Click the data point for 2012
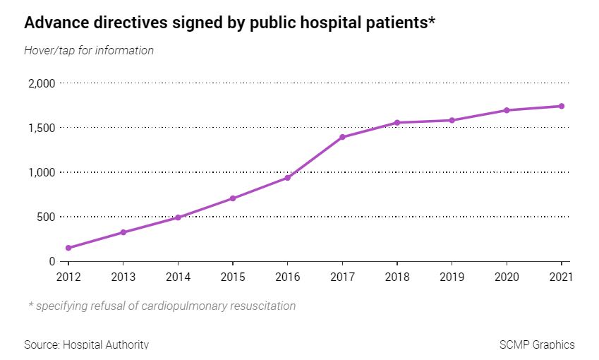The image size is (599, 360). (x=68, y=248)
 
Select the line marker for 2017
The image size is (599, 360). (x=342, y=137)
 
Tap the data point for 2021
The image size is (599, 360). (x=562, y=106)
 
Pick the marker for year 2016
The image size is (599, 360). (x=288, y=178)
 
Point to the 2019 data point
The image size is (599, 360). (x=452, y=120)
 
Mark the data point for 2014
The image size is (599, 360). (x=178, y=217)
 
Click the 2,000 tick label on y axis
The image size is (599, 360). (x=42, y=83)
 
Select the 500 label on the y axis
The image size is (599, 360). (x=46, y=217)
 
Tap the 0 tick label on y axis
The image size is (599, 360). (x=52, y=261)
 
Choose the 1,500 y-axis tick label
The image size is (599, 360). (x=42, y=128)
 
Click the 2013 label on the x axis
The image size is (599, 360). (x=123, y=276)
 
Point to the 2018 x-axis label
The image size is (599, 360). (x=397, y=276)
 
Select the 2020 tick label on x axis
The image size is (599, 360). (x=507, y=276)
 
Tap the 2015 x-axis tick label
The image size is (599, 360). (x=233, y=276)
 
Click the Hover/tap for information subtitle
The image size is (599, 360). (x=89, y=50)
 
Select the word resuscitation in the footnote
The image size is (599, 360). (x=260, y=306)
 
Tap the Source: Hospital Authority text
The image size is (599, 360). (x=86, y=345)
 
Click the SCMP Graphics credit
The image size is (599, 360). (x=536, y=345)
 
